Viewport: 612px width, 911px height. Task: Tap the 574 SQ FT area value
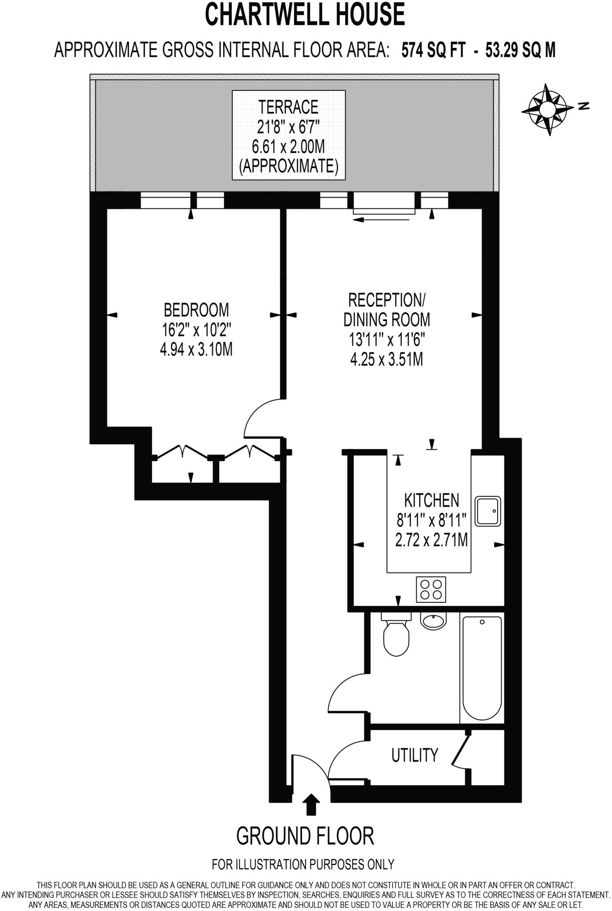tap(433, 50)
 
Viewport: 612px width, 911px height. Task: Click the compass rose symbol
tap(547, 109)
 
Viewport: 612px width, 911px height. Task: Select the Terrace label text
tap(289, 107)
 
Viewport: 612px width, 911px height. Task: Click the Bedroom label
tap(196, 310)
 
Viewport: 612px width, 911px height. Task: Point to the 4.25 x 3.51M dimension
tap(387, 359)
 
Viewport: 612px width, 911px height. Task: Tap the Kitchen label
tap(431, 500)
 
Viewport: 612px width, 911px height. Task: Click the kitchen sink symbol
tap(488, 511)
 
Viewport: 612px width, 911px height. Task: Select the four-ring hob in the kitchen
tap(431, 589)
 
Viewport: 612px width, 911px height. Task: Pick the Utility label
tap(415, 755)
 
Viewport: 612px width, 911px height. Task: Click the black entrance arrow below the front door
tap(311, 804)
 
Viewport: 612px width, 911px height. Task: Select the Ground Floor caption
tap(305, 836)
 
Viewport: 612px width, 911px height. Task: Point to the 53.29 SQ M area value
tap(520, 50)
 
